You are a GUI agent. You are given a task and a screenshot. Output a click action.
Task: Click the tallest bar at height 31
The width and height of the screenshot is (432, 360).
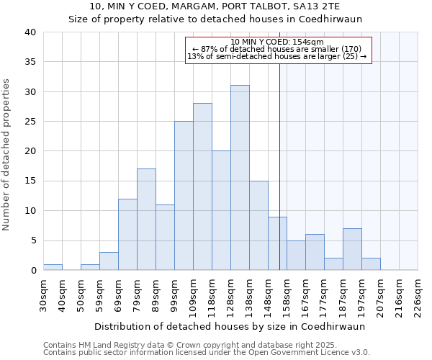click(240, 178)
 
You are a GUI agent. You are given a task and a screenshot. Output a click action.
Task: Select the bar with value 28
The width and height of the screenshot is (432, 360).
click(202, 186)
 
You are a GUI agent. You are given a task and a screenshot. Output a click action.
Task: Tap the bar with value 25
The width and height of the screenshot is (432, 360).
click(184, 196)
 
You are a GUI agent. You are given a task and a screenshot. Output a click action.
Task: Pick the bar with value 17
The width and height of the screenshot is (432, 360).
click(146, 220)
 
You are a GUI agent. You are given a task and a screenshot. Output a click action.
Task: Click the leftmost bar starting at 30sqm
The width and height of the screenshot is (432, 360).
click(53, 267)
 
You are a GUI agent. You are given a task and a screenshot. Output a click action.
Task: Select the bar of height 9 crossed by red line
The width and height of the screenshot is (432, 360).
click(277, 243)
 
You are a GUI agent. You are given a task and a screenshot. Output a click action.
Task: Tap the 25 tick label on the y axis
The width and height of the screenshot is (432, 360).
click(30, 122)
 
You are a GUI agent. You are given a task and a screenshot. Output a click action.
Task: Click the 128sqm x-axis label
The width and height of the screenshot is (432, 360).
click(231, 293)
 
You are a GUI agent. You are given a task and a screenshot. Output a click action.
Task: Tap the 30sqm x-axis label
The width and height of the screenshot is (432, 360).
click(44, 293)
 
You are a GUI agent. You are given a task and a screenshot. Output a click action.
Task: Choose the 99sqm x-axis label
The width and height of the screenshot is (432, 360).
click(175, 293)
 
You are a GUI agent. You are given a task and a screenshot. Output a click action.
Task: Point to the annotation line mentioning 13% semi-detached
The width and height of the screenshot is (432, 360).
click(277, 56)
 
